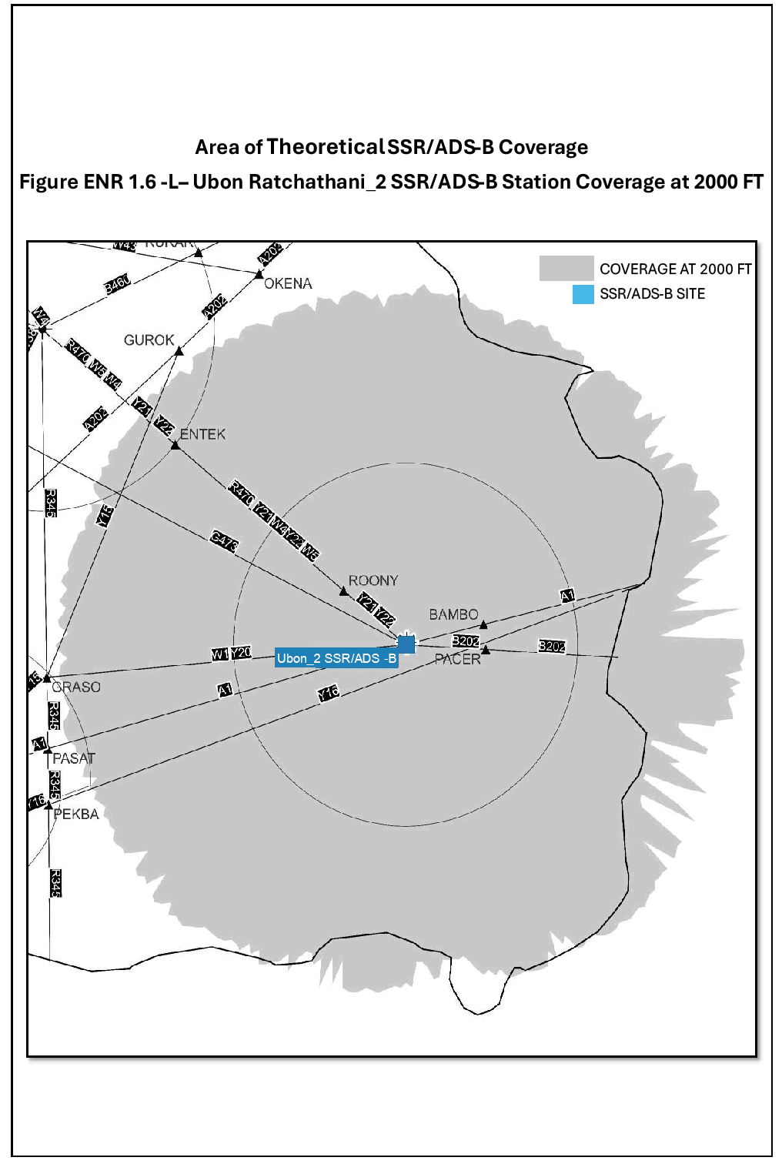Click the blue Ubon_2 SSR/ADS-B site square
point(406,644)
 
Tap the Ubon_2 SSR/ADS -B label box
point(336,658)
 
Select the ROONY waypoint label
point(373,580)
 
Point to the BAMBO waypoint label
point(453,614)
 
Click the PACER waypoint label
point(457,659)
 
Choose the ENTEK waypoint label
point(202,434)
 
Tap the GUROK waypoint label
point(149,339)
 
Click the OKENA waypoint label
point(288,283)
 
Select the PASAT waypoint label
point(74,758)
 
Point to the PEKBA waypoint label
point(76,814)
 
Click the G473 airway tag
point(224,541)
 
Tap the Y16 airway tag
point(329,693)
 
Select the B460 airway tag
point(117,285)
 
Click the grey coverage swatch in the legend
point(566,268)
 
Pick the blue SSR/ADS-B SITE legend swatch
point(583,294)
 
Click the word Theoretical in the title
point(326,146)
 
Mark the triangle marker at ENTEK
point(175,445)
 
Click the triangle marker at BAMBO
point(483,624)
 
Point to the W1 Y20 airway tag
point(232,654)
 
